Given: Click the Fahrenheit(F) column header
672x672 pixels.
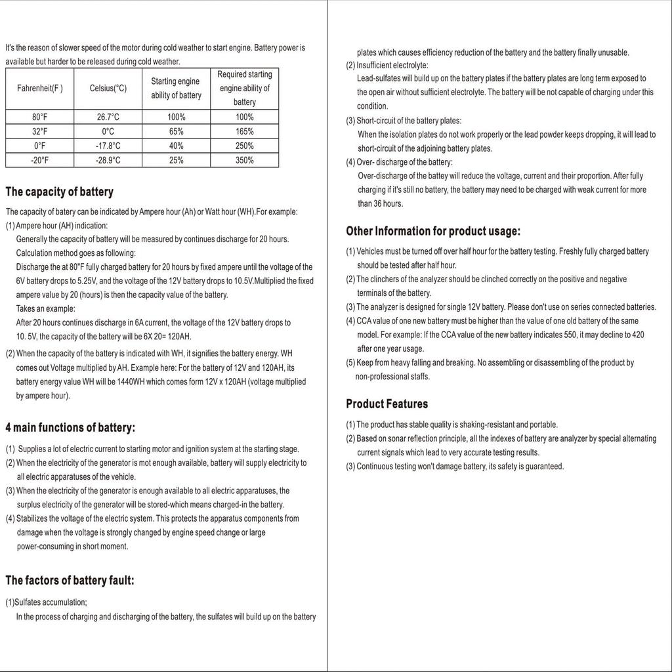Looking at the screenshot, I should click(x=40, y=89).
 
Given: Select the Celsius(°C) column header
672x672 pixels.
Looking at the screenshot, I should click(x=108, y=89).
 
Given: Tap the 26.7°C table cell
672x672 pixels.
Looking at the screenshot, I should click(x=108, y=117).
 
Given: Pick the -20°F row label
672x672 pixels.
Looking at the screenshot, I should click(x=40, y=160).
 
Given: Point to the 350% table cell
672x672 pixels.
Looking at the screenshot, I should click(x=245, y=160).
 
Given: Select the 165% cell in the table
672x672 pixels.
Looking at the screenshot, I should click(x=245, y=131).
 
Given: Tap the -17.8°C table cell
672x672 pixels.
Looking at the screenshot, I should click(x=108, y=146).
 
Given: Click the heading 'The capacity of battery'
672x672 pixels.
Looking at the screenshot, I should click(x=59, y=192).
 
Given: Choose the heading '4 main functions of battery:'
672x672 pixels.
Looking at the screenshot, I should click(x=70, y=428).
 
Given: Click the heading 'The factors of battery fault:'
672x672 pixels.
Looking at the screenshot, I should click(x=70, y=580).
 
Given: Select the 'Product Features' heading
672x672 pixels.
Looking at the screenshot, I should click(x=387, y=404).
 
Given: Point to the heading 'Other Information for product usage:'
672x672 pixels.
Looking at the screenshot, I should click(x=433, y=231).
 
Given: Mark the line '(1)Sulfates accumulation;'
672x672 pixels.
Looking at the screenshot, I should click(x=46, y=602).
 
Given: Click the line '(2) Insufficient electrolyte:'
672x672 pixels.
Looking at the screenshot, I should click(x=387, y=65).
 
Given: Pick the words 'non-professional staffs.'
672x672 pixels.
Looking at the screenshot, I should click(x=392, y=377).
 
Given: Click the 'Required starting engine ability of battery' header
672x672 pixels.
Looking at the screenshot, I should click(x=245, y=89).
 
